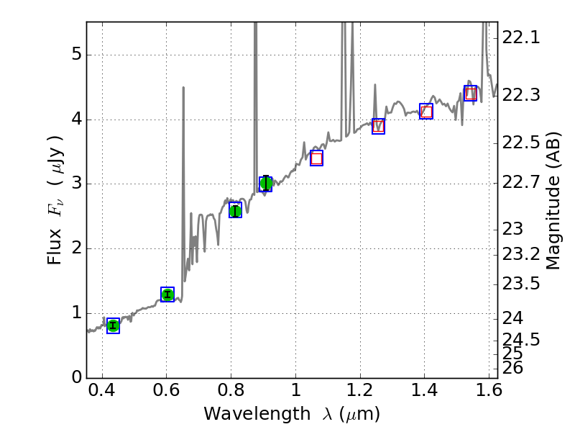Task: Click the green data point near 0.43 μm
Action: [113, 325]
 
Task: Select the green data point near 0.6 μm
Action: [167, 294]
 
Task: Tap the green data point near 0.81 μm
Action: [235, 210]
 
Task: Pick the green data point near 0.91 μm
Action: [266, 184]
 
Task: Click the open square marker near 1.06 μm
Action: [316, 158]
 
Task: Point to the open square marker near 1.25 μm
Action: [378, 126]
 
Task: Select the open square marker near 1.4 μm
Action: [426, 111]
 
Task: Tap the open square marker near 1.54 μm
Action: [470, 93]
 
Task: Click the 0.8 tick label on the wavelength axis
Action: [231, 393]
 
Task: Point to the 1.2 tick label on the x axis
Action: [359, 393]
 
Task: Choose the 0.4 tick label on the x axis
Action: [102, 393]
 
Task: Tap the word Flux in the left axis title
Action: [55, 249]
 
